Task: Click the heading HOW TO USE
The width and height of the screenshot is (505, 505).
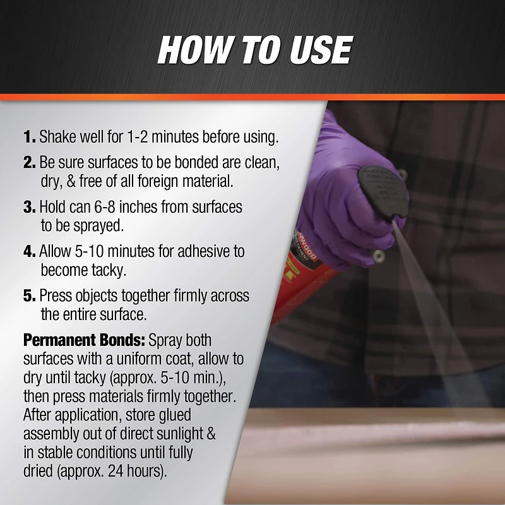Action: pyautogui.click(x=254, y=50)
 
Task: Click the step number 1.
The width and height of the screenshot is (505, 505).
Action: pyautogui.click(x=29, y=137)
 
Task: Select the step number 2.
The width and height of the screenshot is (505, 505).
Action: pyautogui.click(x=29, y=162)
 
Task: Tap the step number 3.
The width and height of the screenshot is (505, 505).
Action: pyautogui.click(x=29, y=206)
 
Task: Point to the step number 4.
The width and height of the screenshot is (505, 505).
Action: pyautogui.click(x=29, y=251)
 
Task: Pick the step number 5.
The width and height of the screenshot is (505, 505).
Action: pyautogui.click(x=29, y=295)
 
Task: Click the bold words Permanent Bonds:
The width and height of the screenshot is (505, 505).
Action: pyautogui.click(x=85, y=341)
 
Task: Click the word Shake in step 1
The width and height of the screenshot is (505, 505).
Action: pyautogui.click(x=58, y=137)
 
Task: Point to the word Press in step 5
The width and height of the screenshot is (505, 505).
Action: pyautogui.click(x=56, y=295)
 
